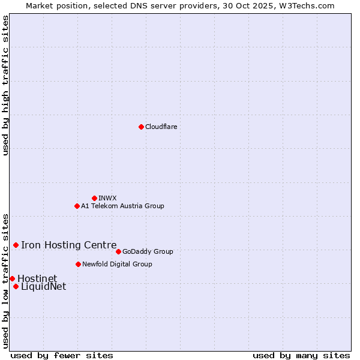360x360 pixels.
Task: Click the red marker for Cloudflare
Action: [x=141, y=127]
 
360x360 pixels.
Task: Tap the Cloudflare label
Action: [x=161, y=127]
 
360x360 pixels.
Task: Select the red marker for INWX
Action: [x=94, y=198]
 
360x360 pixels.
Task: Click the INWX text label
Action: [x=107, y=198]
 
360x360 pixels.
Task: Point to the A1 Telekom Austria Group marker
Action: [x=77, y=206]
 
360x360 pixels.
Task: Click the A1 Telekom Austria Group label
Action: [x=122, y=206]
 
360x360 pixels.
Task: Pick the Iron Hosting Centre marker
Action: [x=16, y=245]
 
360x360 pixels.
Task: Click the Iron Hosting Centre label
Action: [x=69, y=245]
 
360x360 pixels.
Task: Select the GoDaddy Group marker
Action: [x=118, y=251]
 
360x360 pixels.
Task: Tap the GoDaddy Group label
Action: [x=148, y=251]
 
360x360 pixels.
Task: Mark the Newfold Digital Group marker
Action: [x=78, y=264]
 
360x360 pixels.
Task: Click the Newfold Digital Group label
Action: [x=117, y=264]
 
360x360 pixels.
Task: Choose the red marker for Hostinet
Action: [x=12, y=278]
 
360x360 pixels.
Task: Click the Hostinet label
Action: [x=37, y=278]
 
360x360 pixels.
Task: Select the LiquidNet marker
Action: [x=16, y=286]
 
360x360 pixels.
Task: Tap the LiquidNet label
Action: [x=43, y=287]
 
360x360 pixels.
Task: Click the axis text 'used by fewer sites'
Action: [x=62, y=355]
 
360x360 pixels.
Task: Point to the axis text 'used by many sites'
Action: [x=301, y=355]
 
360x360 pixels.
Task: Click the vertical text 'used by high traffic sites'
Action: [x=5, y=85]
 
